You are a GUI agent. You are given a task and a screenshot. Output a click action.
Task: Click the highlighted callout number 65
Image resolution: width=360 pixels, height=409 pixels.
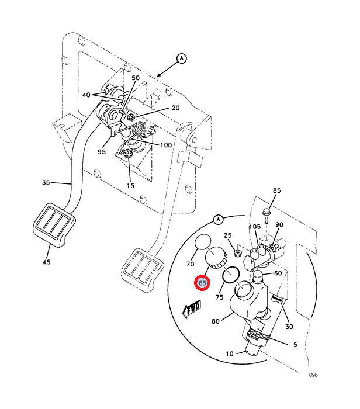[x=202, y=283]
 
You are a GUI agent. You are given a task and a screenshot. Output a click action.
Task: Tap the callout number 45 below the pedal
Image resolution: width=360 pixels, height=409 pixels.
[x=46, y=262]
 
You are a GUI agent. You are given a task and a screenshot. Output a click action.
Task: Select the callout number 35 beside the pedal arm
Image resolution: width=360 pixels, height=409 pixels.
[x=46, y=182]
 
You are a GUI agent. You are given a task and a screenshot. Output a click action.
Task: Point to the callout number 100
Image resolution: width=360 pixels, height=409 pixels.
[x=166, y=145]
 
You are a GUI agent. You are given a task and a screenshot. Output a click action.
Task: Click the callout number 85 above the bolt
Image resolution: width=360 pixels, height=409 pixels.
[x=277, y=190]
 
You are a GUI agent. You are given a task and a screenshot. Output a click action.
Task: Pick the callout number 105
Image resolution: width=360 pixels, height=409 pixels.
[x=255, y=227]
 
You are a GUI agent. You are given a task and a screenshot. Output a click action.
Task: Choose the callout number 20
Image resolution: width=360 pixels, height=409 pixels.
[x=175, y=108]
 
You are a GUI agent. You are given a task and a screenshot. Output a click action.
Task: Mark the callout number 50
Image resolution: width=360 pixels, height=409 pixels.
[x=136, y=78]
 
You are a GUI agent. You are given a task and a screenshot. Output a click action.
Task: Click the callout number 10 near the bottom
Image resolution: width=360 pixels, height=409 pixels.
[x=230, y=353]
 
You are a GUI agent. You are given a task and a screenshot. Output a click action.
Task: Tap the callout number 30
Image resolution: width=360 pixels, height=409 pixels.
[x=289, y=326]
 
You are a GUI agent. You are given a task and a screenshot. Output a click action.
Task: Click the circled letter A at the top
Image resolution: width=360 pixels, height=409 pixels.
[x=182, y=58]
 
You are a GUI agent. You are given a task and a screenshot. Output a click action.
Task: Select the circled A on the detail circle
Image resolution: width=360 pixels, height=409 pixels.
[x=218, y=220]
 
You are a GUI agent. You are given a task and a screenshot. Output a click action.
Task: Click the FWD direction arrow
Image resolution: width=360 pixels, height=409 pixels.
[x=192, y=309]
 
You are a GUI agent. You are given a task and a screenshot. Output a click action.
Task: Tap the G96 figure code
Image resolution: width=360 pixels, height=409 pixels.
[x=313, y=375]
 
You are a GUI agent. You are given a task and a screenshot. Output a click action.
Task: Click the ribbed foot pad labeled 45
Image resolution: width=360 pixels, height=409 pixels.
[x=54, y=224]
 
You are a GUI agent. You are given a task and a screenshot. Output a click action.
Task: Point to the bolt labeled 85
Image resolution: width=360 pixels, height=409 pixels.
[x=266, y=215]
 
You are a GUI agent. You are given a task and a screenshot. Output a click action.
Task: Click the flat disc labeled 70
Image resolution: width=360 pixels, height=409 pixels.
[x=203, y=242]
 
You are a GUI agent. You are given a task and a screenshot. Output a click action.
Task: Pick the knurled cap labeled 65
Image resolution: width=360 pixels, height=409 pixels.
[x=216, y=258]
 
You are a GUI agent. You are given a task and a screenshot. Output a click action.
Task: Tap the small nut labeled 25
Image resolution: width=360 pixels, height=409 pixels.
[x=237, y=253]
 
